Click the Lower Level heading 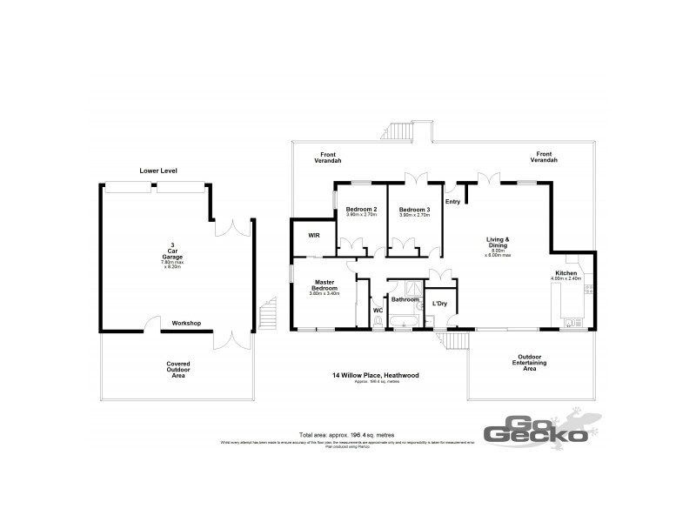158,171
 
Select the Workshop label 186,323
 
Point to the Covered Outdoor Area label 178,370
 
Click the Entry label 452,202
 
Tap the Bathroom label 405,298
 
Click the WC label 378,309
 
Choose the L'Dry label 439,303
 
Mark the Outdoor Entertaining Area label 529,363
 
